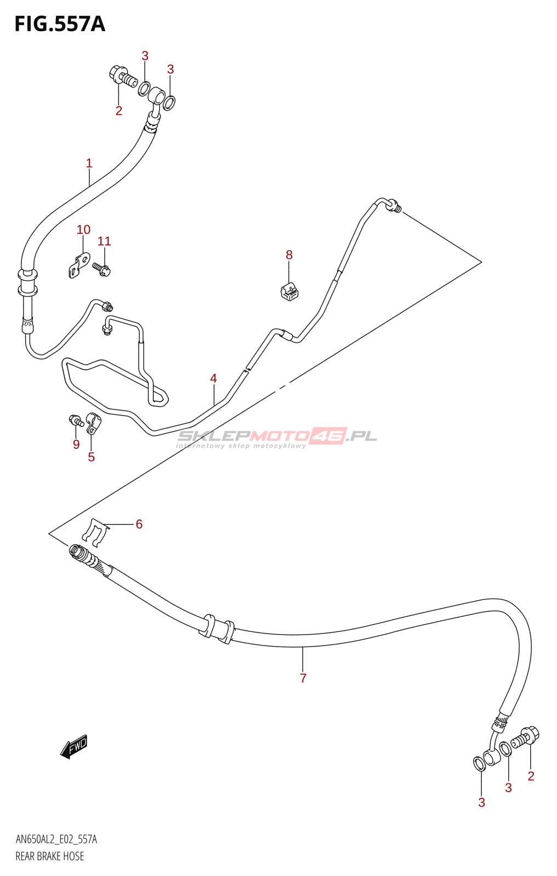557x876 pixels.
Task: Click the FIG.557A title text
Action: (x=60, y=24)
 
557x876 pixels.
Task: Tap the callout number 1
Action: (x=89, y=163)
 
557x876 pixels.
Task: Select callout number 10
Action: (x=83, y=229)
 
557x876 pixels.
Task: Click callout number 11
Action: (x=104, y=241)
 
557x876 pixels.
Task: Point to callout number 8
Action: (x=289, y=255)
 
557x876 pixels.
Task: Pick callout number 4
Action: (x=213, y=378)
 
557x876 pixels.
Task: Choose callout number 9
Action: (x=76, y=444)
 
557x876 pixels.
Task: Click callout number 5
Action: (x=91, y=457)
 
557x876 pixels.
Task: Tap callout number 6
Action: (x=139, y=524)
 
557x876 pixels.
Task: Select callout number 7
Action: (x=303, y=678)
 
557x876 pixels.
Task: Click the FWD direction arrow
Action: (x=73, y=747)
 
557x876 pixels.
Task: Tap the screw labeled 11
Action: (x=101, y=269)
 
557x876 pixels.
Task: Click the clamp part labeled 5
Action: (x=93, y=423)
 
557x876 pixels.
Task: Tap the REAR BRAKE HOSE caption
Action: (x=50, y=856)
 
